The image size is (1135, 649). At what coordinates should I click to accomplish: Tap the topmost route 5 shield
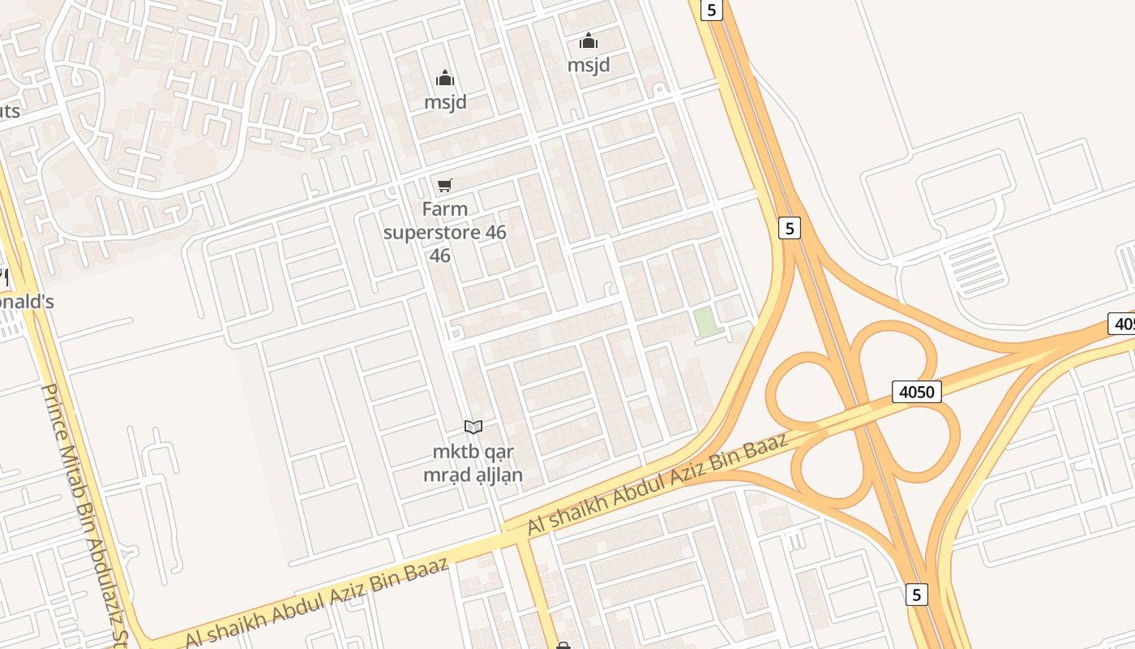[x=711, y=10]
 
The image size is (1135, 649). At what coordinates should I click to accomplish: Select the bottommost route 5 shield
[x=916, y=595]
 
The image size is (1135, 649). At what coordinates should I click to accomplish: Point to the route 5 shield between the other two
[x=789, y=228]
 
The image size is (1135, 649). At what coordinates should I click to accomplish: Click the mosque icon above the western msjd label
[x=445, y=79]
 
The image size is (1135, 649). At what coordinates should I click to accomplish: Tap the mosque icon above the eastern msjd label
[x=589, y=41]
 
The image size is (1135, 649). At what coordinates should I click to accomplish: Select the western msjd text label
[x=445, y=102]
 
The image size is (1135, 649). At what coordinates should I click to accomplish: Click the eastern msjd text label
[x=589, y=64]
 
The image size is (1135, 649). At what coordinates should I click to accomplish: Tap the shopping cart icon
[x=444, y=186]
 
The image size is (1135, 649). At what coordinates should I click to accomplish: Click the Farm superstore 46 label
[x=444, y=232]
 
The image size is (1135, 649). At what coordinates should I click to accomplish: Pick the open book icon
[x=473, y=427]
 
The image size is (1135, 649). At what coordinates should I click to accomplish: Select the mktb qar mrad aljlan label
[x=473, y=463]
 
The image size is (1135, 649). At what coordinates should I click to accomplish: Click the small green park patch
[x=706, y=322]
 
